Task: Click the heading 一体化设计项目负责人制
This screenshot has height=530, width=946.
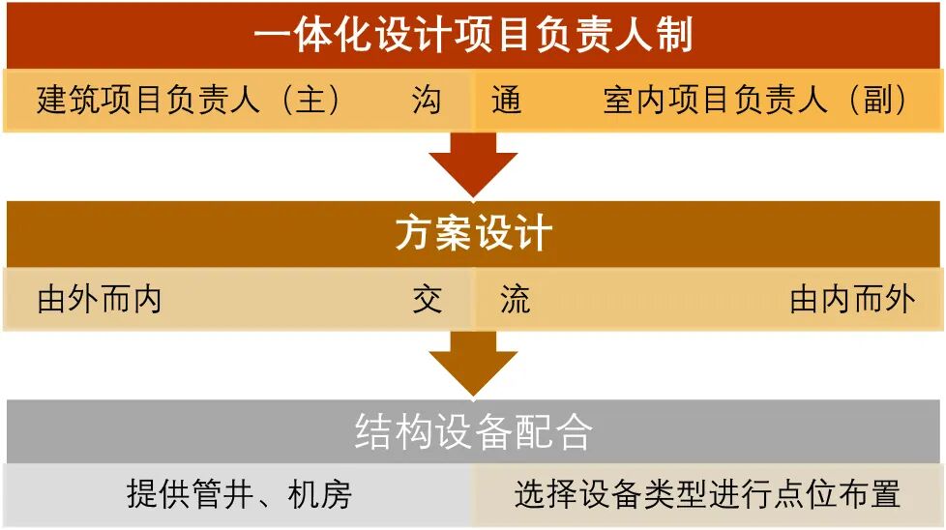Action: coord(473,37)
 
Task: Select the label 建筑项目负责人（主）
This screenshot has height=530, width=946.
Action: coord(190,100)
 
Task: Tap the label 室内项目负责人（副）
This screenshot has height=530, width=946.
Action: coord(755,100)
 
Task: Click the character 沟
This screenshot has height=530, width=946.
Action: coord(427,100)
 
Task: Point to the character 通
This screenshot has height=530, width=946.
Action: coord(506,100)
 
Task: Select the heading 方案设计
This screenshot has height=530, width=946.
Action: coord(473,235)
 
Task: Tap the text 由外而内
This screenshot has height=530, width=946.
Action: coord(99,300)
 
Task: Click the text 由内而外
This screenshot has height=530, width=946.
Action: coord(851,300)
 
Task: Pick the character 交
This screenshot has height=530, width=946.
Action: coord(427,300)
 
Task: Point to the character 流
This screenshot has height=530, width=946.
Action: coord(515,300)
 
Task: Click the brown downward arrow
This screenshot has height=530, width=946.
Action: coord(474,363)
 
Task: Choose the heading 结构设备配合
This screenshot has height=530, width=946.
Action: coord(473,432)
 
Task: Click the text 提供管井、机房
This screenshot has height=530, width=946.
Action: coord(239,495)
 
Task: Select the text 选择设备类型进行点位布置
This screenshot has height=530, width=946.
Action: coord(707,495)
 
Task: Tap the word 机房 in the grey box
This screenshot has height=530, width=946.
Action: coord(320,495)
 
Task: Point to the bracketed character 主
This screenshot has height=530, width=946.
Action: coord(310,100)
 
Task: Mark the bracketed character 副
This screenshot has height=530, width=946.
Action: coord(876,100)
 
